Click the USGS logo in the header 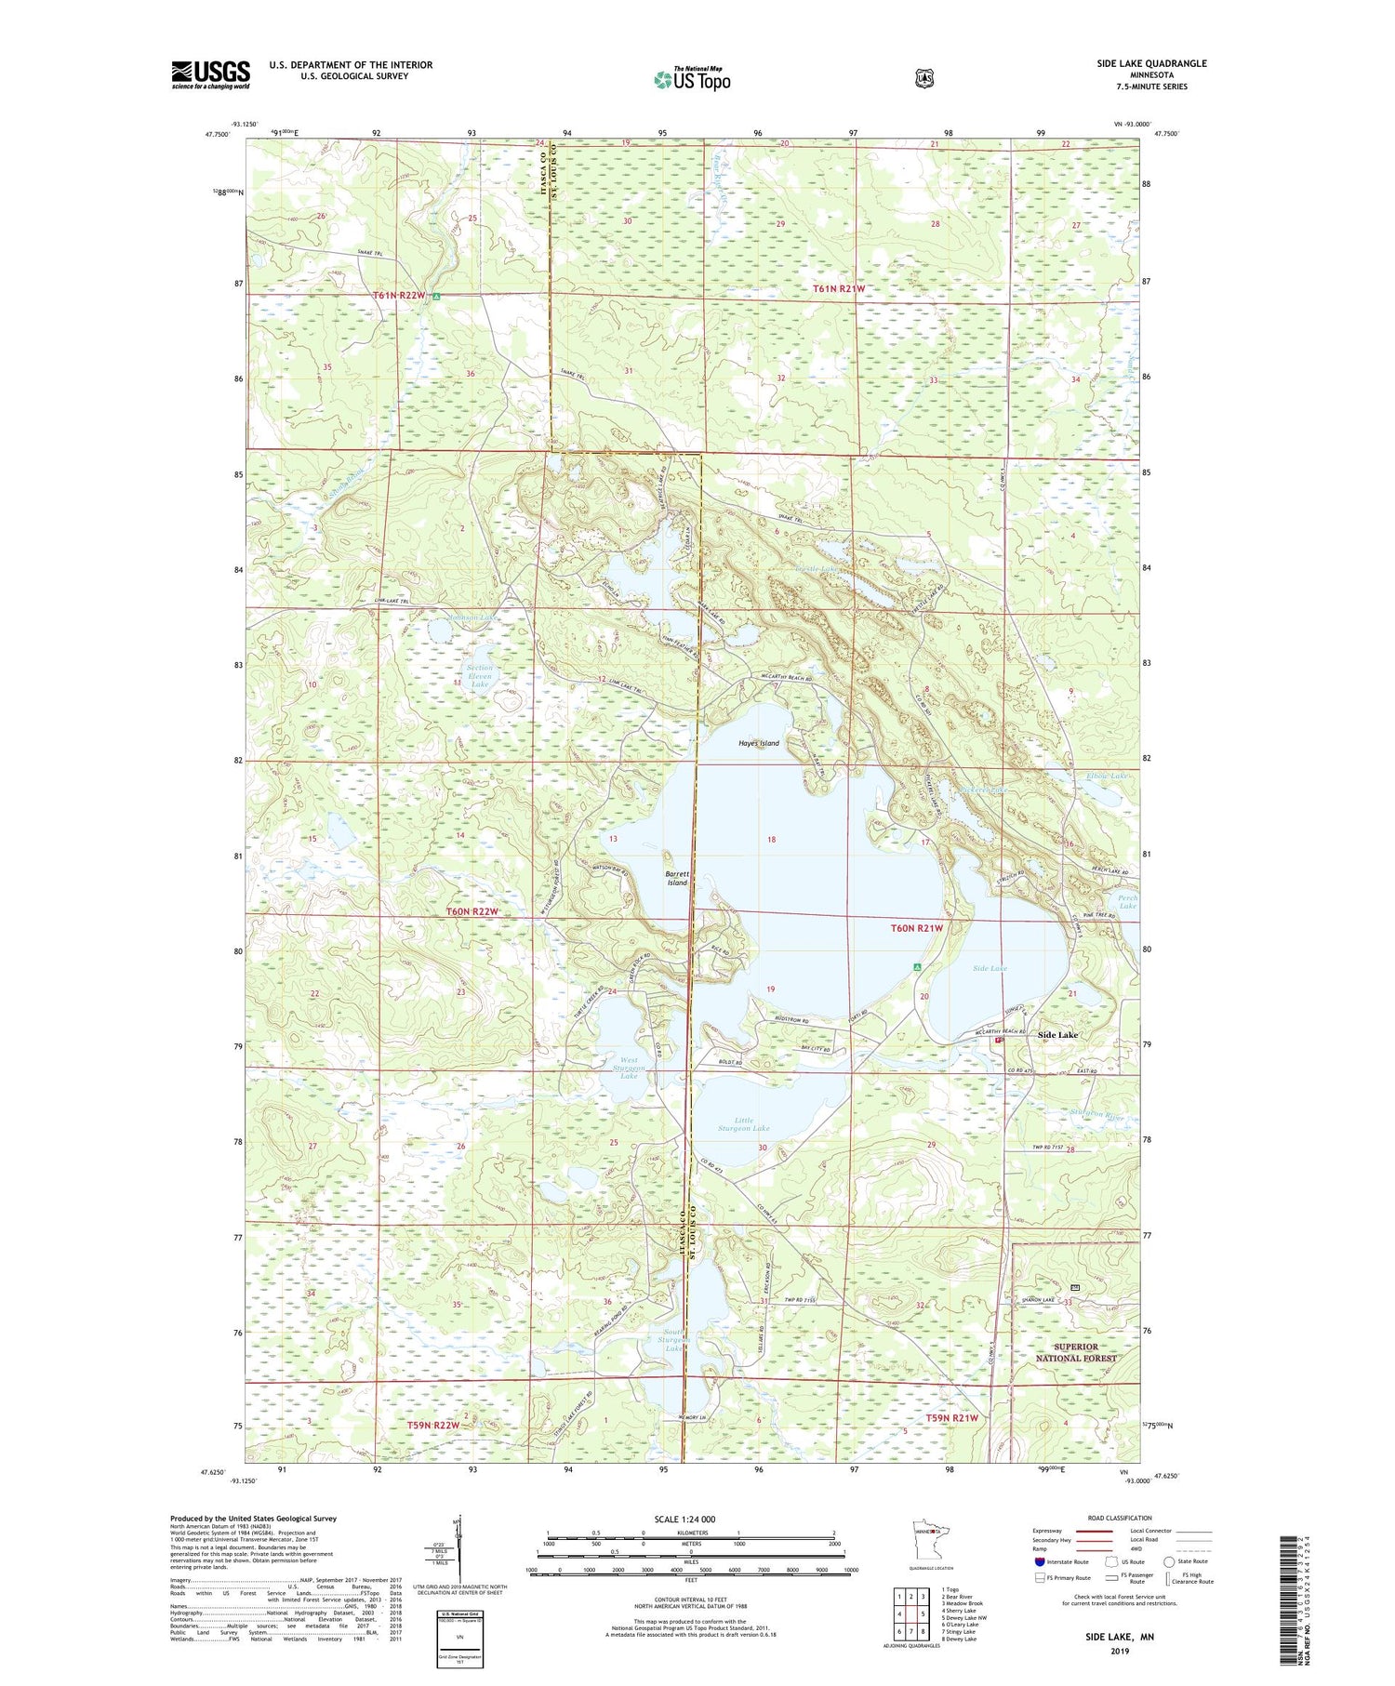click(x=210, y=74)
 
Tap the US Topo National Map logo click(x=692, y=79)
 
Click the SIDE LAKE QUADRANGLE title click(x=1151, y=63)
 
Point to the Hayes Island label click(x=759, y=743)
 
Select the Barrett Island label click(x=677, y=878)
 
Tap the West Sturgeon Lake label click(x=629, y=1068)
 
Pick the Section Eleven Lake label click(x=480, y=676)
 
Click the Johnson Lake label click(x=472, y=617)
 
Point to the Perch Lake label click(x=1127, y=902)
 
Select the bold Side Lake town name click(x=1057, y=1035)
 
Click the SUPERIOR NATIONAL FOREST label click(x=1076, y=1352)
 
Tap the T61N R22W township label click(x=399, y=295)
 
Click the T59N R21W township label click(x=952, y=1417)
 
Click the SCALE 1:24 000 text click(x=684, y=1519)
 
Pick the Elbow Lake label click(x=1107, y=776)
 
